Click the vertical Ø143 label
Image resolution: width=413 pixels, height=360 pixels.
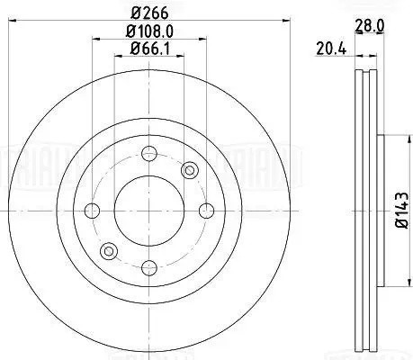tap(401, 211)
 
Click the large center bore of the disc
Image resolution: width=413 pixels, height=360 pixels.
tap(148, 211)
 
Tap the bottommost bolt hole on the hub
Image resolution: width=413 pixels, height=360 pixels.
tap(148, 267)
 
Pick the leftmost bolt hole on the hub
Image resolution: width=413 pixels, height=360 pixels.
tap(92, 211)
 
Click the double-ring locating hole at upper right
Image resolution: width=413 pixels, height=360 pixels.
tap(188, 171)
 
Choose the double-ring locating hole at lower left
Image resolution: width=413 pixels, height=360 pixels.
tap(108, 250)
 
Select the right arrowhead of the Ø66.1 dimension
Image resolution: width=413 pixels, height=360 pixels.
tap(178, 56)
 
